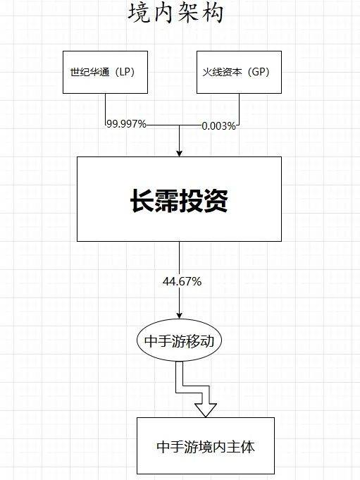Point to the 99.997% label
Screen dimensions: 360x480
pos(126,124)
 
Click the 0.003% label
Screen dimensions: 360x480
pos(218,126)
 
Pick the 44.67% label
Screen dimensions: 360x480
pos(182,281)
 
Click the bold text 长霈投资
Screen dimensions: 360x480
pos(179,201)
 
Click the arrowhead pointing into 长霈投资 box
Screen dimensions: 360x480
pos(179,153)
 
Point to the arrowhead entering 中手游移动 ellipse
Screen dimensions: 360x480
pos(179,315)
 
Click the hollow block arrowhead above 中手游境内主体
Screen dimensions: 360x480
pos(206,410)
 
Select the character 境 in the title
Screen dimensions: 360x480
pos(139,13)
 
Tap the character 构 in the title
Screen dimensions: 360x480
pos(213,13)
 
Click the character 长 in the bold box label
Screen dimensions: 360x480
pos(142,201)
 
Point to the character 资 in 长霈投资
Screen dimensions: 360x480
pos(216,201)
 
